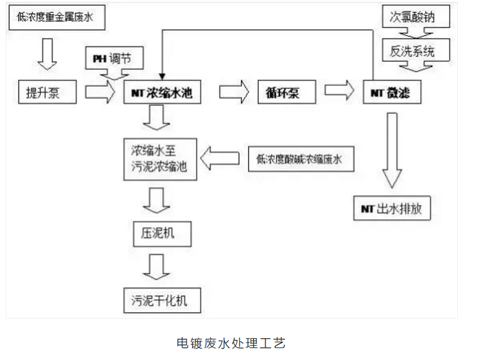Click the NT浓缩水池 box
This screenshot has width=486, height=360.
point(162,93)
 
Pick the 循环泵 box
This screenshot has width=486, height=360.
point(286,93)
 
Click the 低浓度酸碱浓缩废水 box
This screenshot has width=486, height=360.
point(300,160)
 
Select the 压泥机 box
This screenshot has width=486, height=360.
point(158,234)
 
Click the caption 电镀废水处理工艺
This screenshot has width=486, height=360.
point(231,343)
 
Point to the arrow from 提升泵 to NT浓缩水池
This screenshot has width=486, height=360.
point(100,93)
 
